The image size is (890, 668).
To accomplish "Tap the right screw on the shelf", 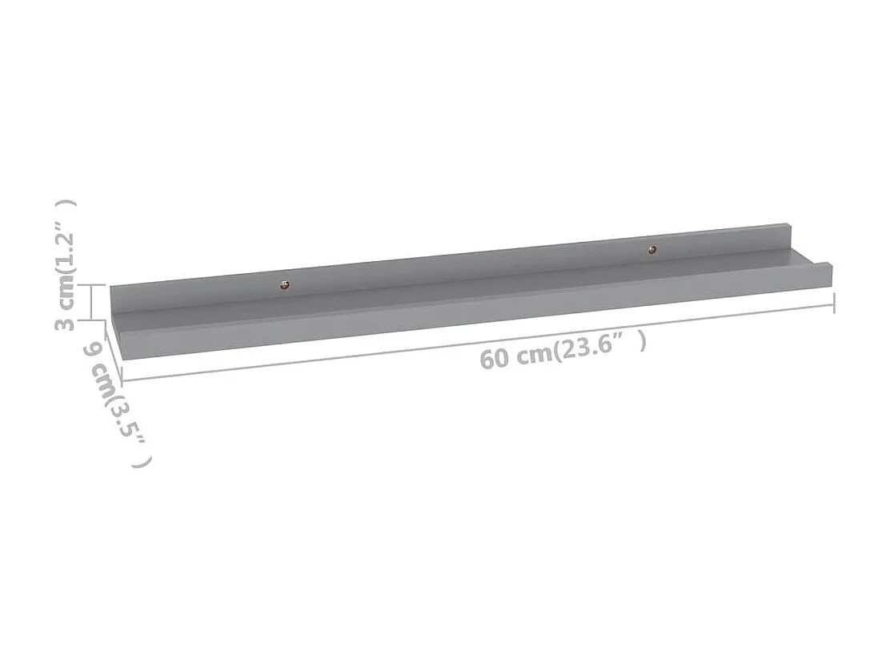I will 653,250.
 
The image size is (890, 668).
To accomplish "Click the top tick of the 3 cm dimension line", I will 93,285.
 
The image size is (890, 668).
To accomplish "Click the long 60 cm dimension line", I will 400,353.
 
